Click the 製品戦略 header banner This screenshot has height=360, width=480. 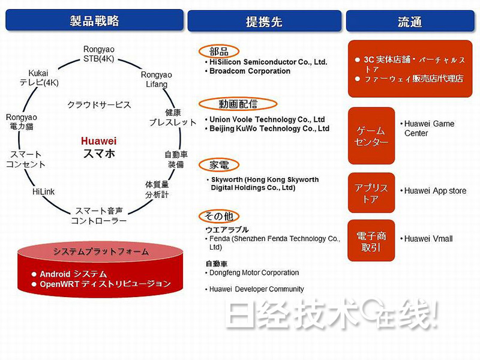[94, 21]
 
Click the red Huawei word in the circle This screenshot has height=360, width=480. [98, 141]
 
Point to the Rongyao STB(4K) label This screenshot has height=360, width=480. [99, 53]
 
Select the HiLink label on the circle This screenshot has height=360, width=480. [43, 192]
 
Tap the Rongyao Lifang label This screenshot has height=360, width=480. [157, 79]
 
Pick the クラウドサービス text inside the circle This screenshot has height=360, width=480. [99, 105]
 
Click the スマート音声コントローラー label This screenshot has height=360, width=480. [99, 216]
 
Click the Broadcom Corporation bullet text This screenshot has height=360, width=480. [250, 71]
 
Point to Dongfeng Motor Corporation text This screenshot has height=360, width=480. [254, 273]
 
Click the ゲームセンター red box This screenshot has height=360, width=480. [371, 136]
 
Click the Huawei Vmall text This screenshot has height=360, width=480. [428, 239]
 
